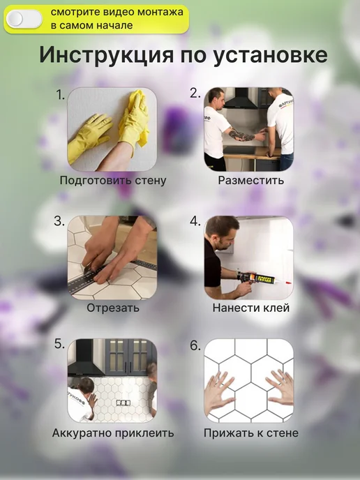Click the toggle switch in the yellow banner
24,19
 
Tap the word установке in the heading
270,56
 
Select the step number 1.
60,95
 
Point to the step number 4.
195,221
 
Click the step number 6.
195,345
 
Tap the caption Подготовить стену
113,180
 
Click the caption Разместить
250,180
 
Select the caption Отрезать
112,308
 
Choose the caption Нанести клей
251,308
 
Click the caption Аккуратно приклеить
113,433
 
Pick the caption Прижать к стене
251,433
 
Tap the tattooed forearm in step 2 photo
242,135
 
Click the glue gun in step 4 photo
260,278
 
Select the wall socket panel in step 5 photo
123,403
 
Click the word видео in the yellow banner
117,13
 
